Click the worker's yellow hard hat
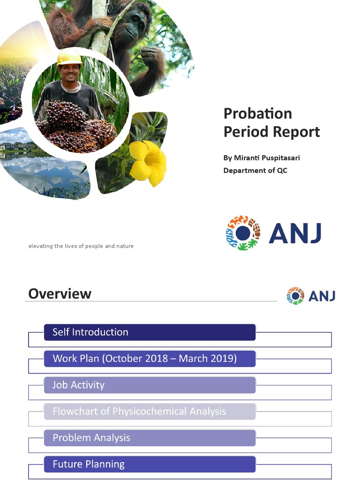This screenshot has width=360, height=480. pyautogui.click(x=69, y=58)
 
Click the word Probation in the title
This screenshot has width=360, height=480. pyautogui.click(x=257, y=113)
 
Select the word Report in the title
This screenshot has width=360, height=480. pyautogui.click(x=296, y=132)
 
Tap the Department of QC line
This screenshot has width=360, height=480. pyautogui.click(x=255, y=170)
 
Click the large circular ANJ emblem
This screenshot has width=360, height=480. pyautogui.click(x=242, y=233)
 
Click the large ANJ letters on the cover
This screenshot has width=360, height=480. pyautogui.click(x=295, y=233)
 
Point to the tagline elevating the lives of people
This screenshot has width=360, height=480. pyautogui.click(x=81, y=246)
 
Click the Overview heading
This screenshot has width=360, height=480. pyautogui.click(x=60, y=294)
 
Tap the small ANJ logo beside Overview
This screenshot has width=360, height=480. pyautogui.click(x=311, y=296)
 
